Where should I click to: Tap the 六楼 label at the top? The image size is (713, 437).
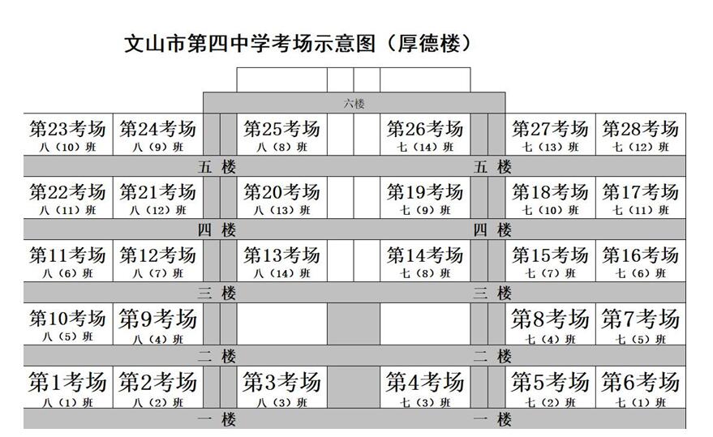(354, 103)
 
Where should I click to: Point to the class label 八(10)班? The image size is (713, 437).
(67, 148)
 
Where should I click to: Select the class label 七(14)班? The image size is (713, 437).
(425, 148)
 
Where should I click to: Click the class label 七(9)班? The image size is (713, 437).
(425, 211)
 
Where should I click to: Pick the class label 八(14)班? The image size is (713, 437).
(282, 274)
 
